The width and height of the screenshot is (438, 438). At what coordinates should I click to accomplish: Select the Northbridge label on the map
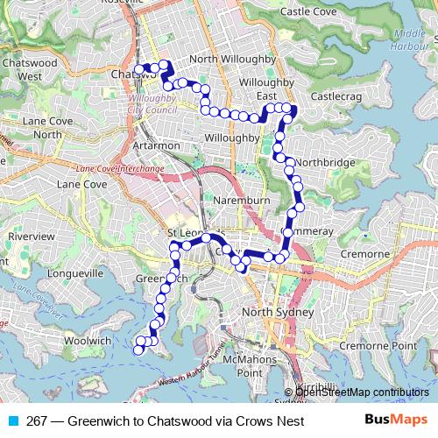pyautogui.click(x=325, y=163)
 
